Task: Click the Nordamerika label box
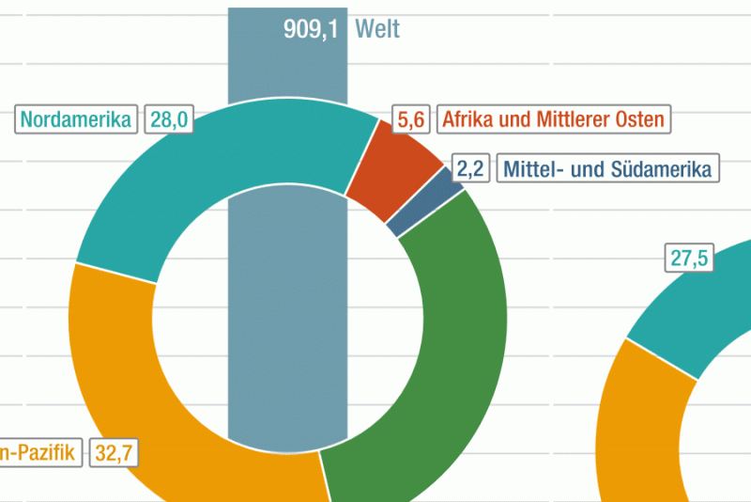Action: tap(76, 119)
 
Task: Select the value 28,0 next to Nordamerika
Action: tap(169, 119)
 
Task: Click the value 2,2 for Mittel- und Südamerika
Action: tap(469, 169)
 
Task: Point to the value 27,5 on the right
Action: tap(688, 258)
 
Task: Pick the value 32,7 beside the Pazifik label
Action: tap(115, 453)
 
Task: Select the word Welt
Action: tap(377, 29)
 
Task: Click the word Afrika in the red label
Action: tap(468, 119)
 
